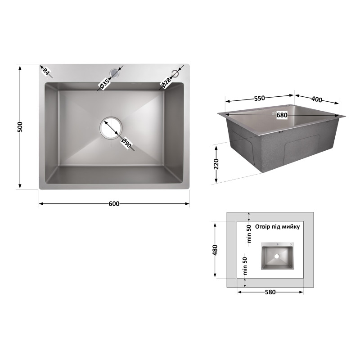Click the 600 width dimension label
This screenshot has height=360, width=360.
pyautogui.click(x=114, y=204)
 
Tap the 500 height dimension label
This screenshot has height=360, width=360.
pyautogui.click(x=20, y=127)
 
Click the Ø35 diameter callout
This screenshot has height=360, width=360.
pyautogui.click(x=104, y=84)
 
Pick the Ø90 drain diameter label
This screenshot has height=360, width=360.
pyautogui.click(x=126, y=143)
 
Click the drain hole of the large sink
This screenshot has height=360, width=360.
pyautogui.click(x=111, y=128)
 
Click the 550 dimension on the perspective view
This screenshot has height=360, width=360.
pyautogui.click(x=260, y=98)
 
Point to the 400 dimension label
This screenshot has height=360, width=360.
pyautogui.click(x=317, y=99)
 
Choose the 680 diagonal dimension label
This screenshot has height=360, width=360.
pyautogui.click(x=282, y=115)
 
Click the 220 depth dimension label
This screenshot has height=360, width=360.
pyautogui.click(x=216, y=164)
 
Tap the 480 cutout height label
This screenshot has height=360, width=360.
pyautogui.click(x=215, y=250)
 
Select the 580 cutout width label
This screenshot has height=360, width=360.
pyautogui.click(x=270, y=292)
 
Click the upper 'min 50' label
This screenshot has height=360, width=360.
pyautogui.click(x=250, y=234)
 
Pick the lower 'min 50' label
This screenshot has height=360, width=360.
pyautogui.click(x=245, y=266)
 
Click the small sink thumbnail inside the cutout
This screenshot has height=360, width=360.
pyautogui.click(x=278, y=256)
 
